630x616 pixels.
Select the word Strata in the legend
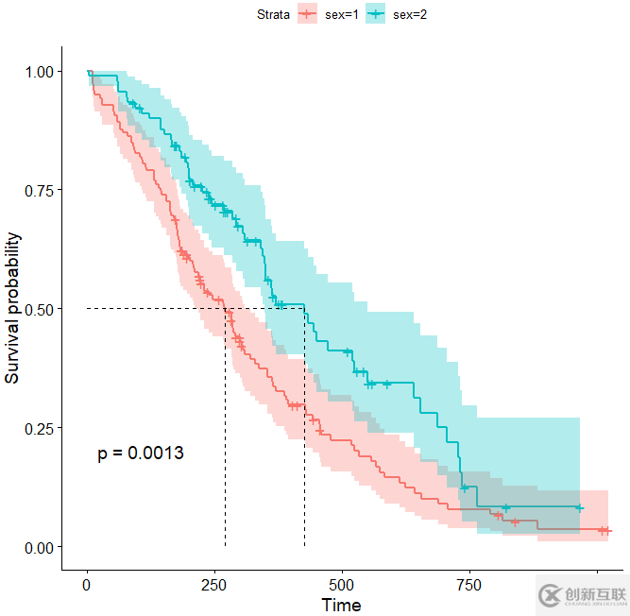273,14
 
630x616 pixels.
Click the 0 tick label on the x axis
87,585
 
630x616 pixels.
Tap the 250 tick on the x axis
214,585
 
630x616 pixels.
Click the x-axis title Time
341,605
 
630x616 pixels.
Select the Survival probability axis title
12,309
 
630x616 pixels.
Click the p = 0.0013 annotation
141,453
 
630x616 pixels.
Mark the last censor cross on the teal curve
579,508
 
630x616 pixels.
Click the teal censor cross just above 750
465,488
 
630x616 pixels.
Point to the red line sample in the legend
306,14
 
